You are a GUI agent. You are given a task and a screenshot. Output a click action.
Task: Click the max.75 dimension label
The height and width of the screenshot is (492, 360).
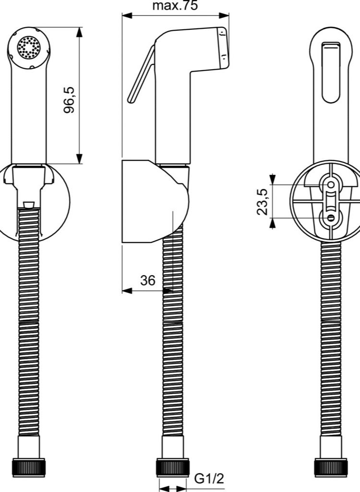175,6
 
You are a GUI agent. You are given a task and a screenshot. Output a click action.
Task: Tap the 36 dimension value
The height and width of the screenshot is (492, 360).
148,281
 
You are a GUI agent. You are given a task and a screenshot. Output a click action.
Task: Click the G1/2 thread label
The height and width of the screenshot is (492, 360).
209,478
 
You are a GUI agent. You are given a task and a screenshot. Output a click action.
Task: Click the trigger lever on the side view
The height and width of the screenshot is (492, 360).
141,77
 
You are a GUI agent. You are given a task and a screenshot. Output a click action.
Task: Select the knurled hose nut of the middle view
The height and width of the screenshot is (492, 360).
171,467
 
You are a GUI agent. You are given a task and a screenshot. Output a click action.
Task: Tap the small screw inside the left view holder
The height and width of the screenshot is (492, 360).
28,205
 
